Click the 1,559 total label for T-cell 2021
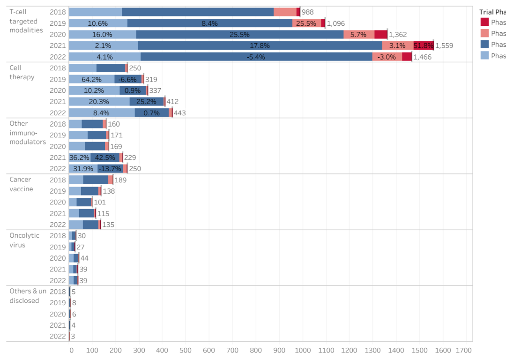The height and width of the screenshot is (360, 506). (x=444, y=45)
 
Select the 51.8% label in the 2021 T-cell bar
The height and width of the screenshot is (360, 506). (x=423, y=45)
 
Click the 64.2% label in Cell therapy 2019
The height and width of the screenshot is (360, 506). (x=91, y=79)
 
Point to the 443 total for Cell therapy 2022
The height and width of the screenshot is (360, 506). (x=180, y=113)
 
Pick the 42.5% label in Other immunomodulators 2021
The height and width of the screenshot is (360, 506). (x=105, y=157)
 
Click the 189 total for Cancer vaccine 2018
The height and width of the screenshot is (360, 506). (x=120, y=180)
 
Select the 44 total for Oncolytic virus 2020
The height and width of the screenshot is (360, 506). (x=84, y=258)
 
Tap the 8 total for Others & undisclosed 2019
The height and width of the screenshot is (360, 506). (x=74, y=303)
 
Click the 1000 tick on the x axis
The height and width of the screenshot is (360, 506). (x=302, y=350)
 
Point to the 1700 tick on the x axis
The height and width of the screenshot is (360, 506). (x=464, y=350)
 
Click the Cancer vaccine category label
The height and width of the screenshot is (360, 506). (x=21, y=184)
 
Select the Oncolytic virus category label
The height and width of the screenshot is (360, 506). (x=24, y=240)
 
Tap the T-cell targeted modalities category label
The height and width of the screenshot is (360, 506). (x=26, y=21)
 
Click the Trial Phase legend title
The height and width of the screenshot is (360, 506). (x=492, y=12)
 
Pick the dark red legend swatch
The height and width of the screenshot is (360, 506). (x=484, y=22)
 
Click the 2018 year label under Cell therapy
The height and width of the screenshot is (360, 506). (x=58, y=68)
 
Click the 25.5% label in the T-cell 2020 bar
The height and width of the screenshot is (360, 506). (x=239, y=34)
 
